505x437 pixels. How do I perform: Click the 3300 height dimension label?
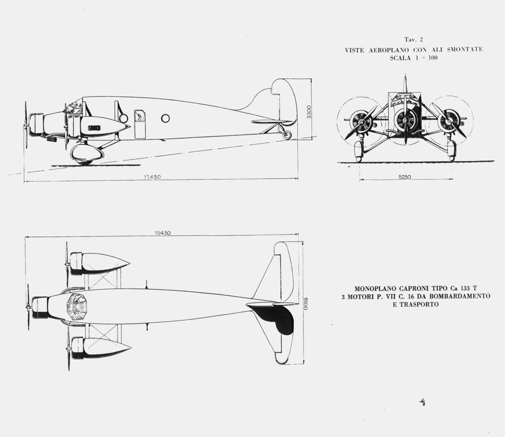click(x=309, y=112)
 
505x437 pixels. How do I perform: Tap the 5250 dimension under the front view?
click(x=404, y=177)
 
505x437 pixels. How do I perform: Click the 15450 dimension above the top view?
click(x=163, y=233)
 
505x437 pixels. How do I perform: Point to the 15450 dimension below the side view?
click(x=152, y=177)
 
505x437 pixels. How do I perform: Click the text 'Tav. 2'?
click(x=414, y=40)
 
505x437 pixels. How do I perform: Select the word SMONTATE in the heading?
click(x=465, y=50)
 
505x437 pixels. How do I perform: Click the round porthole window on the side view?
click(x=165, y=118)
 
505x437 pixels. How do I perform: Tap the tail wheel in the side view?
click(x=287, y=135)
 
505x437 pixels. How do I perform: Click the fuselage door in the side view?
click(x=139, y=124)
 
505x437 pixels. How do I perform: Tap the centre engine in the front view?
click(x=405, y=119)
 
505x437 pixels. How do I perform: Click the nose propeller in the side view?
click(x=25, y=125)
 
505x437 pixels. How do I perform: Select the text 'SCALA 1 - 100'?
click(x=414, y=58)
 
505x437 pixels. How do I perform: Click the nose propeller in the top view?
click(x=28, y=307)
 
